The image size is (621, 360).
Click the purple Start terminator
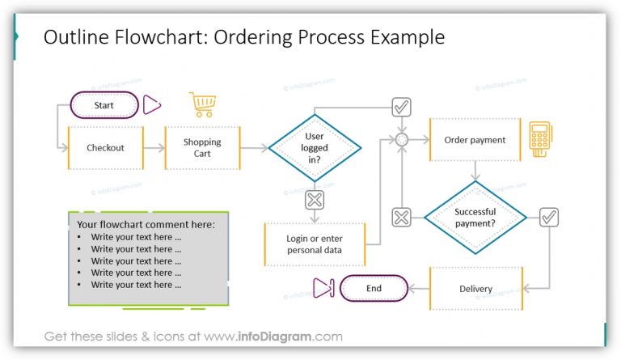(x=104, y=105)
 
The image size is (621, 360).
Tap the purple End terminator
(x=374, y=288)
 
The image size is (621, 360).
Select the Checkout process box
(x=105, y=148)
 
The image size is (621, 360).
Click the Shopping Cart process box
(x=202, y=148)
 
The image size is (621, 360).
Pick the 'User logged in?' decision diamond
(x=315, y=148)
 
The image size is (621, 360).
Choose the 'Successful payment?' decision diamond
(x=475, y=218)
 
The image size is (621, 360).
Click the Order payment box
(x=475, y=140)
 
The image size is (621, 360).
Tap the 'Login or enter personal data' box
(x=314, y=244)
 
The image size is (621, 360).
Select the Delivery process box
(x=475, y=289)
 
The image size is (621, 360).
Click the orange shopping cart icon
(x=203, y=105)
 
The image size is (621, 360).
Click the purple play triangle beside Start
(x=152, y=105)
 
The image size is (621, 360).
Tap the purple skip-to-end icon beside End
(x=323, y=288)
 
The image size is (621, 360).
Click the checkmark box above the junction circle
(x=401, y=107)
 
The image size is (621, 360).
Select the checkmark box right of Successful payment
(x=549, y=217)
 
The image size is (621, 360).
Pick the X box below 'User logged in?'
(x=315, y=199)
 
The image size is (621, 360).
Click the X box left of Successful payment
(x=401, y=217)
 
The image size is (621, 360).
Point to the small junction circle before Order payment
(x=401, y=140)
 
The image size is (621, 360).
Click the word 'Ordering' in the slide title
(x=255, y=37)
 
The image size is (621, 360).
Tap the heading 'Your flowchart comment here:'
(x=146, y=224)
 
